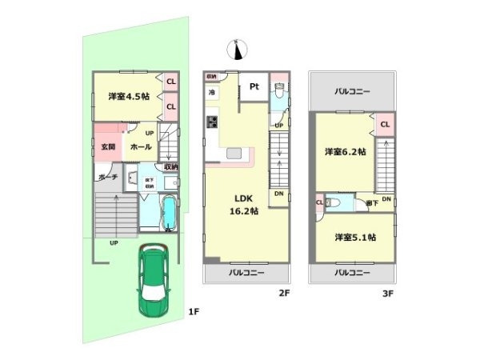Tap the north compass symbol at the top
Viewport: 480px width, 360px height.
(237, 49)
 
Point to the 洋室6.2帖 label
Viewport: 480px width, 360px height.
(345, 151)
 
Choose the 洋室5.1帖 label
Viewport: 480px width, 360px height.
(356, 237)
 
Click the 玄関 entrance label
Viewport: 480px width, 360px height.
(109, 147)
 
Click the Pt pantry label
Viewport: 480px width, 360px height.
(254, 87)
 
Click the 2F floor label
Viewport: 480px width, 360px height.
(283, 294)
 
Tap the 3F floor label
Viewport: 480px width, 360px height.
(388, 294)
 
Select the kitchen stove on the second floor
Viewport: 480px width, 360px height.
(213, 122)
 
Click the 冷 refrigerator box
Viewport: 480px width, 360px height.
(212, 94)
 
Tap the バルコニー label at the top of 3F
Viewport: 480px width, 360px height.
(352, 92)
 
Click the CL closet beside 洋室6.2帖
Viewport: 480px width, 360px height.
(384, 124)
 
